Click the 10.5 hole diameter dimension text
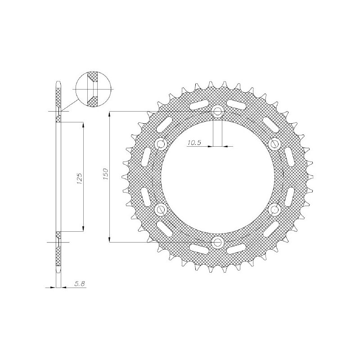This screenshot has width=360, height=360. tap(194, 143)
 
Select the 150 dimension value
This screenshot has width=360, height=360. tap(105, 175)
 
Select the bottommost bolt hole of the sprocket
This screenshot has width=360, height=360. tap(218, 243)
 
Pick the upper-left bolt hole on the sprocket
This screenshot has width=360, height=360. tap(161, 144)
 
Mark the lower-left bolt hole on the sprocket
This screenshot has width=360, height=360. tap(161, 210)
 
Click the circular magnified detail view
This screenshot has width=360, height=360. tap(92, 90)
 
